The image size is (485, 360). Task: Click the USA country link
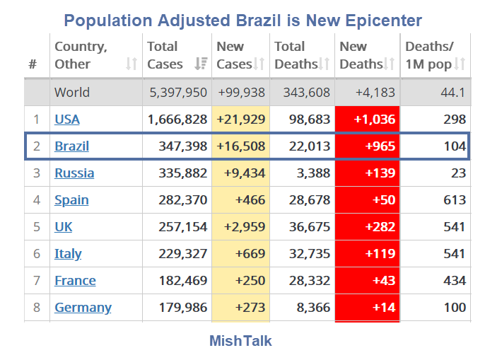(x=67, y=120)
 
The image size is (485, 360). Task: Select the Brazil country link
(x=71, y=146)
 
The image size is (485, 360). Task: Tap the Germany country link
(x=83, y=307)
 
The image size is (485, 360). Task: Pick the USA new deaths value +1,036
(x=368, y=120)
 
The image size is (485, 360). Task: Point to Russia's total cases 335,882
(x=177, y=173)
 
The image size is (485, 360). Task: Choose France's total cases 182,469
(x=177, y=280)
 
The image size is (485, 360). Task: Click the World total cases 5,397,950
(x=178, y=93)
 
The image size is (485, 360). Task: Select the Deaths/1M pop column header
(x=428, y=55)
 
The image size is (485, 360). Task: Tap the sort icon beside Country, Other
(x=131, y=64)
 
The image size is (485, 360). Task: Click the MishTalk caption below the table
(x=240, y=341)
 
